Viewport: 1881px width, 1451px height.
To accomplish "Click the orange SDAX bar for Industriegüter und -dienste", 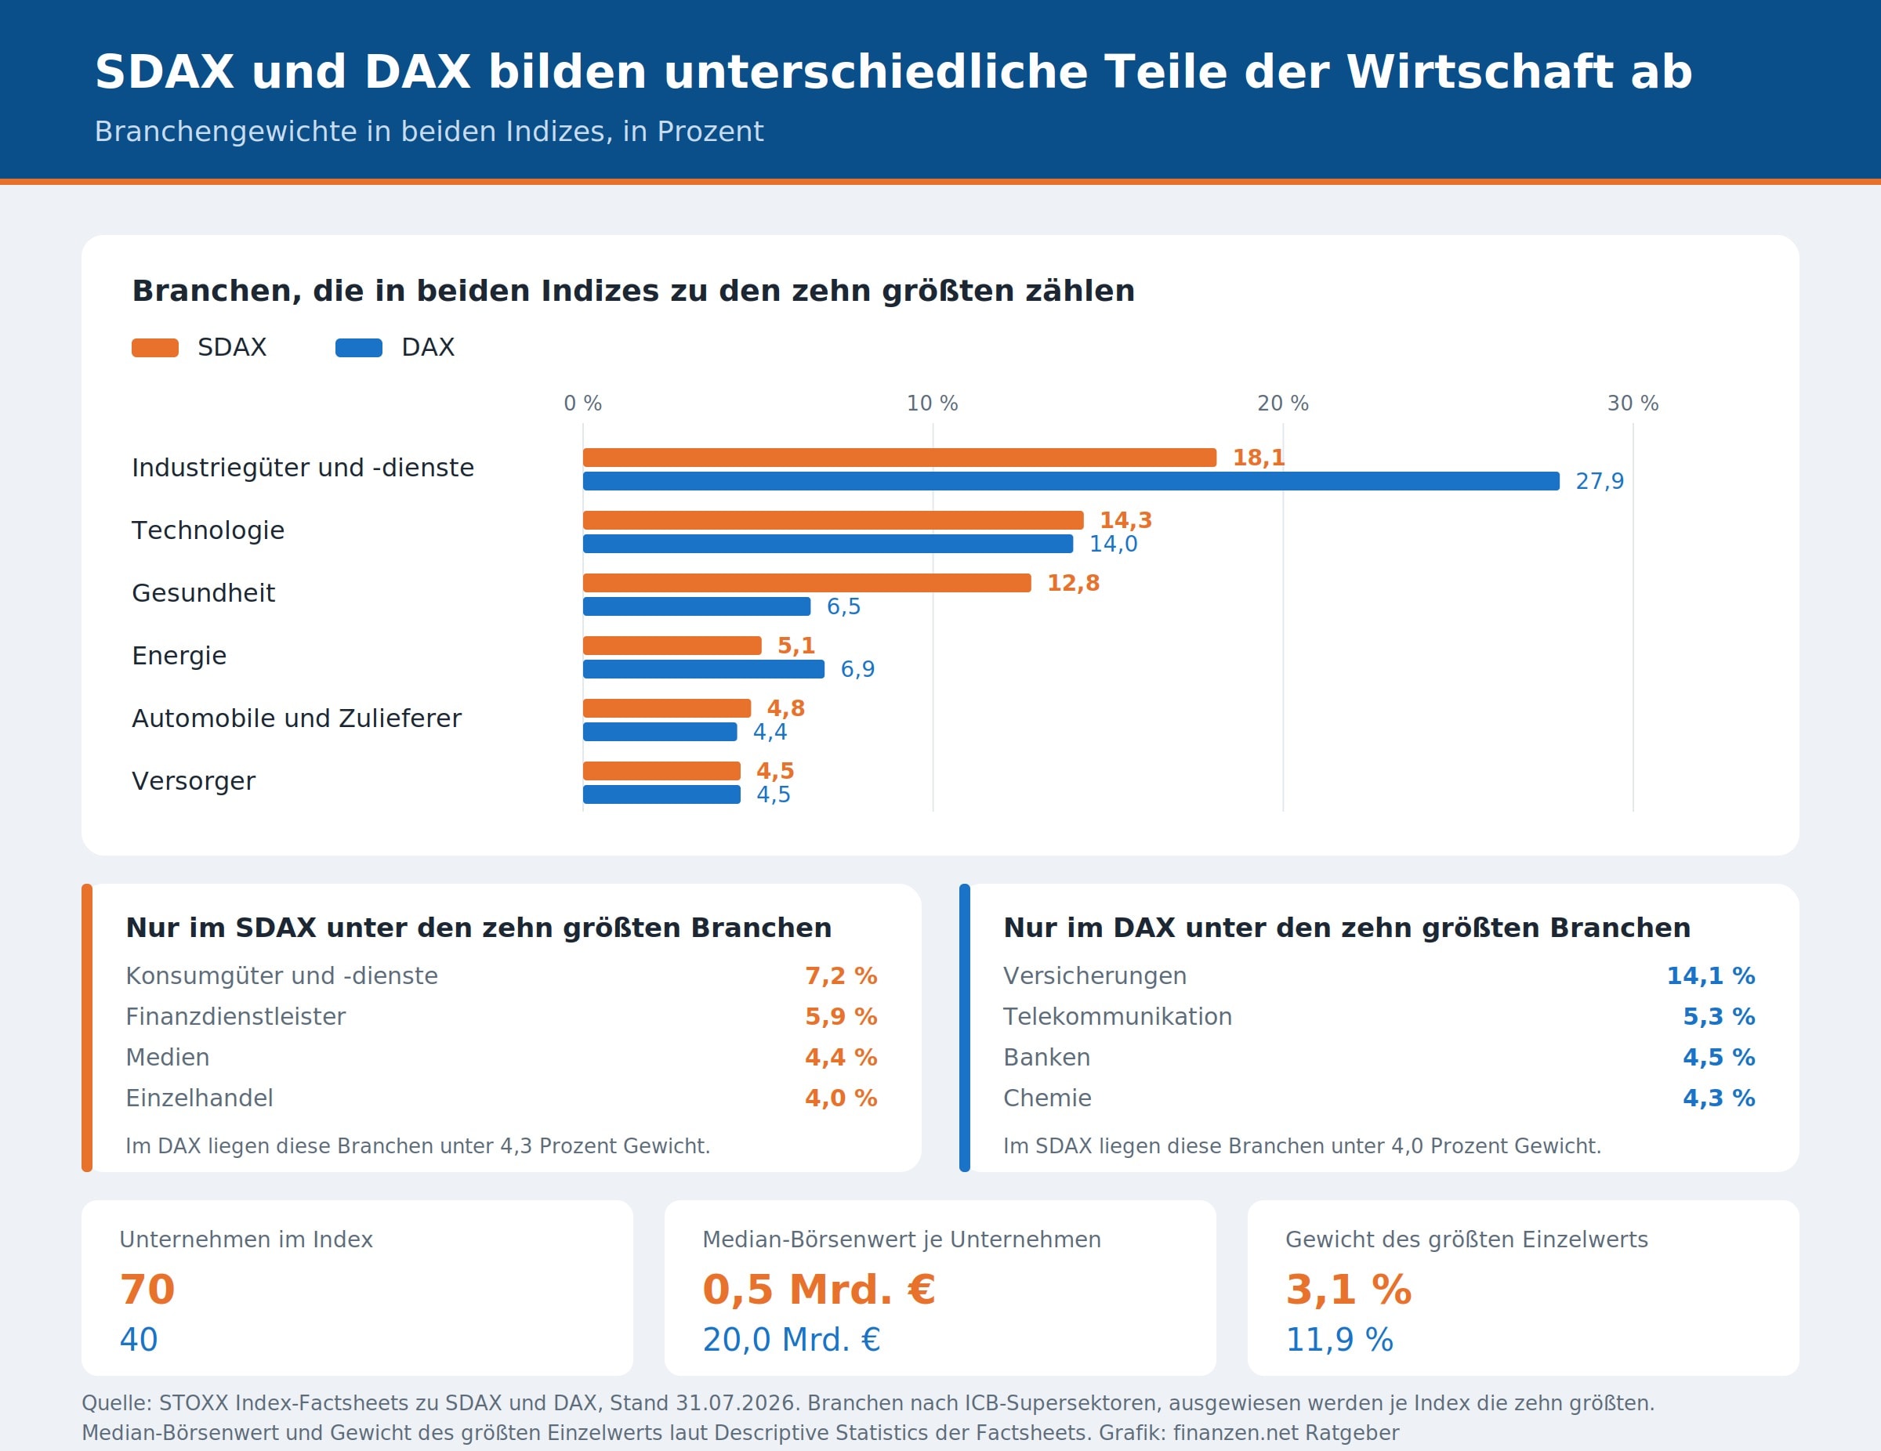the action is click(x=899, y=458).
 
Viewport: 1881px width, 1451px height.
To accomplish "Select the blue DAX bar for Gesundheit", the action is click(x=697, y=606).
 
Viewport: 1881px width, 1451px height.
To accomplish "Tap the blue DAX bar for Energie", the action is click(x=704, y=669).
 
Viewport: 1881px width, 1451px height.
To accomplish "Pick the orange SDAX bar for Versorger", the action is click(x=661, y=771).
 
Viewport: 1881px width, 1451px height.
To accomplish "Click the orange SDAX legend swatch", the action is click(x=155, y=348).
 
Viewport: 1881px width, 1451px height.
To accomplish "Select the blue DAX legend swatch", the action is click(x=359, y=348).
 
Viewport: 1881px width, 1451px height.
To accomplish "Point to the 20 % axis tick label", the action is click(x=1282, y=403).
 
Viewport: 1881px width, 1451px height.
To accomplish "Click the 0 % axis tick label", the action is click(x=583, y=403).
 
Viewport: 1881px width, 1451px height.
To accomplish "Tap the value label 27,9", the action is click(x=1600, y=481).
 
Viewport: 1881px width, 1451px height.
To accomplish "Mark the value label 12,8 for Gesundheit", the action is click(x=1073, y=583).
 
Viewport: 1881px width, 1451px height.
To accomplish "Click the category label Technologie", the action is click(x=208, y=530).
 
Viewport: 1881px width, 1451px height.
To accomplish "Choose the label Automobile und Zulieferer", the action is click(x=296, y=718).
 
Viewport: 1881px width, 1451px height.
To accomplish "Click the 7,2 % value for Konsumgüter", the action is click(x=841, y=975).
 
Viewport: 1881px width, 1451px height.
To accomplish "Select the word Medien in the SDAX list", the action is click(x=168, y=1058).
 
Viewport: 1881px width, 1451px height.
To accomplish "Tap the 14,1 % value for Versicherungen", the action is click(x=1710, y=975).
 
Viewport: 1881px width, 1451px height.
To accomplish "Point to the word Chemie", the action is click(x=1047, y=1098).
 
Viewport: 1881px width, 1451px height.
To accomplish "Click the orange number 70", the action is click(x=147, y=1290).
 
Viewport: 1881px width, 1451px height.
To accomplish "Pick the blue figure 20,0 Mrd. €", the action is click(x=792, y=1340).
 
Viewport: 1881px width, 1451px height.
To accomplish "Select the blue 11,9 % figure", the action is click(x=1339, y=1340).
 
